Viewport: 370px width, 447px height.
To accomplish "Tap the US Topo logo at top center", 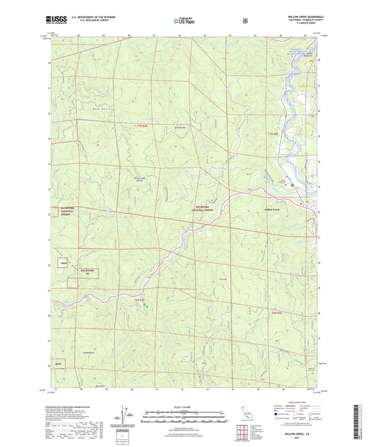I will pos(183,21).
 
